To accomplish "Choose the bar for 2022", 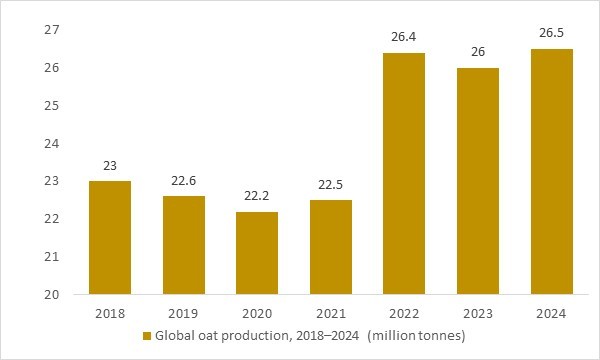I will pos(405,174).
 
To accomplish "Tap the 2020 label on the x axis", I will pos(258,313).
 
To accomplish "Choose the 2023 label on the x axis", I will pos(477,313).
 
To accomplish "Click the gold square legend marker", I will pos(147,335).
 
